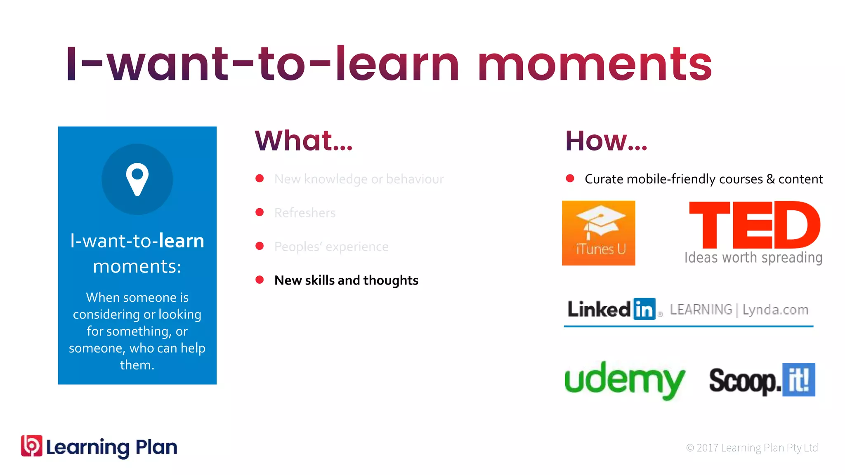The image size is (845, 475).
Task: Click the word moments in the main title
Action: click(x=595, y=65)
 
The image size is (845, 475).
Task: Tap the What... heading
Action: click(x=304, y=141)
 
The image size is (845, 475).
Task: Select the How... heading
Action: click(x=606, y=141)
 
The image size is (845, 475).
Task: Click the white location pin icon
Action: click(x=137, y=179)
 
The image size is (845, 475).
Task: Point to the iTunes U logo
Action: click(x=598, y=233)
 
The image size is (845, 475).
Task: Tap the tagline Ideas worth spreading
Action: click(x=753, y=258)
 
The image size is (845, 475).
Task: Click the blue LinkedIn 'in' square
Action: click(x=644, y=309)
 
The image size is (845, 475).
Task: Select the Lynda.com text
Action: click(x=775, y=310)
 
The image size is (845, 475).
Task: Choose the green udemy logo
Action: click(x=624, y=380)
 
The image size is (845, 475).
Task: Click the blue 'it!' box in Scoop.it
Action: click(x=799, y=380)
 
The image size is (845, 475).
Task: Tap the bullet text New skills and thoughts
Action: click(x=346, y=280)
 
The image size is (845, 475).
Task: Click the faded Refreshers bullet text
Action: click(x=305, y=213)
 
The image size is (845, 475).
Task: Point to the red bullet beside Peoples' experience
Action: click(x=260, y=246)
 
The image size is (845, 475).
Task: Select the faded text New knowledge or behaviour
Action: click(x=359, y=179)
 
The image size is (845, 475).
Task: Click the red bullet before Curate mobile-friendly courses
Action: click(x=570, y=179)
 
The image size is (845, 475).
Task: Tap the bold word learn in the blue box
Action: click(x=182, y=241)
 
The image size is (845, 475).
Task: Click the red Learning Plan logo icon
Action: click(x=32, y=446)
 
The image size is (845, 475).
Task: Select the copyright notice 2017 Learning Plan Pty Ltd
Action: click(x=752, y=448)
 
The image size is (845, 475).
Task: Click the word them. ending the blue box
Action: click(x=137, y=365)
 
